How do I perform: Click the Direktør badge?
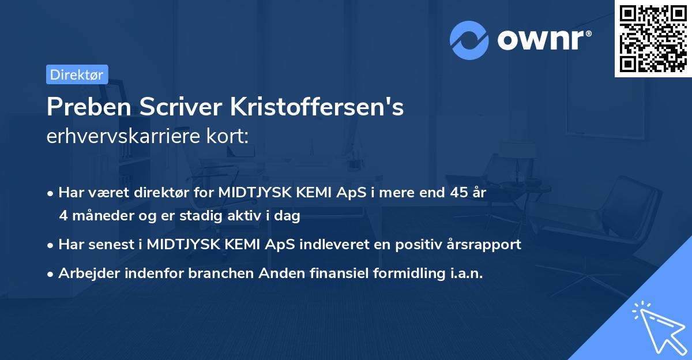point(77,74)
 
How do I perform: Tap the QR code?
point(653,39)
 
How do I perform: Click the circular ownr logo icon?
point(469,40)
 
